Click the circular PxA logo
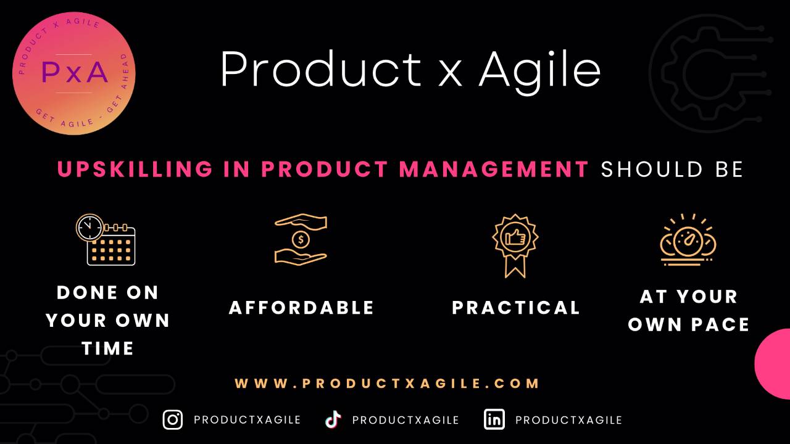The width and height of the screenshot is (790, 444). [x=73, y=73]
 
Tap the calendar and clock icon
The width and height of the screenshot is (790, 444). [x=106, y=239]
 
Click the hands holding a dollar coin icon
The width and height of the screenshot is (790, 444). [x=301, y=239]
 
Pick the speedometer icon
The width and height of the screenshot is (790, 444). [x=688, y=240]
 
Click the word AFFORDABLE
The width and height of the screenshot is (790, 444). [x=301, y=307]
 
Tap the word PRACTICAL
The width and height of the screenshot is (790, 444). [x=516, y=307]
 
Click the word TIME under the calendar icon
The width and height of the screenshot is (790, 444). [x=108, y=348]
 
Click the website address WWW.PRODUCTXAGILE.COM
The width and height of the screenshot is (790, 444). [x=388, y=383]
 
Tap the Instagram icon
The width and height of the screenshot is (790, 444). [x=173, y=419]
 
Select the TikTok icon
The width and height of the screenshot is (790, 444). [x=333, y=419]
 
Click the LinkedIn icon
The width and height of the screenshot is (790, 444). [x=494, y=419]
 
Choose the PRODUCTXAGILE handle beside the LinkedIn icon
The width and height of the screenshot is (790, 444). [x=568, y=420]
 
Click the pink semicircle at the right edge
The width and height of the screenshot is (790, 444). [x=774, y=364]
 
